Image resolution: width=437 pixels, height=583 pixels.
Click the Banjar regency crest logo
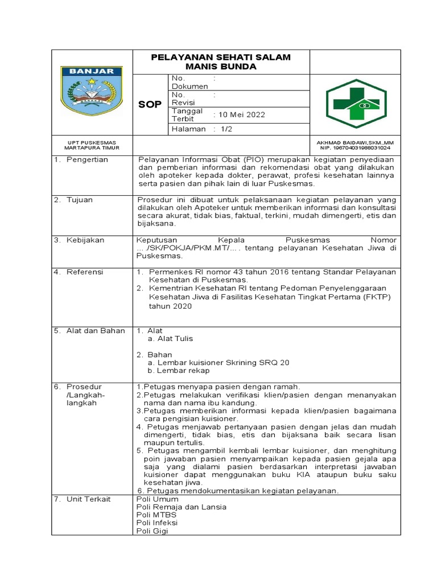[92, 92]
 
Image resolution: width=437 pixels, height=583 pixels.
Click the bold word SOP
[150, 104]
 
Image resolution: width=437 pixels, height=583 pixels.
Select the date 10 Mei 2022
[239, 114]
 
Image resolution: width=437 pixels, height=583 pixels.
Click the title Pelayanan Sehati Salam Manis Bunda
[220, 62]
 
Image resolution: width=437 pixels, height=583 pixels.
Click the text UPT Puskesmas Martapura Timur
[92, 145]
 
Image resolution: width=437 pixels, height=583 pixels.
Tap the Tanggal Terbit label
[187, 114]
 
